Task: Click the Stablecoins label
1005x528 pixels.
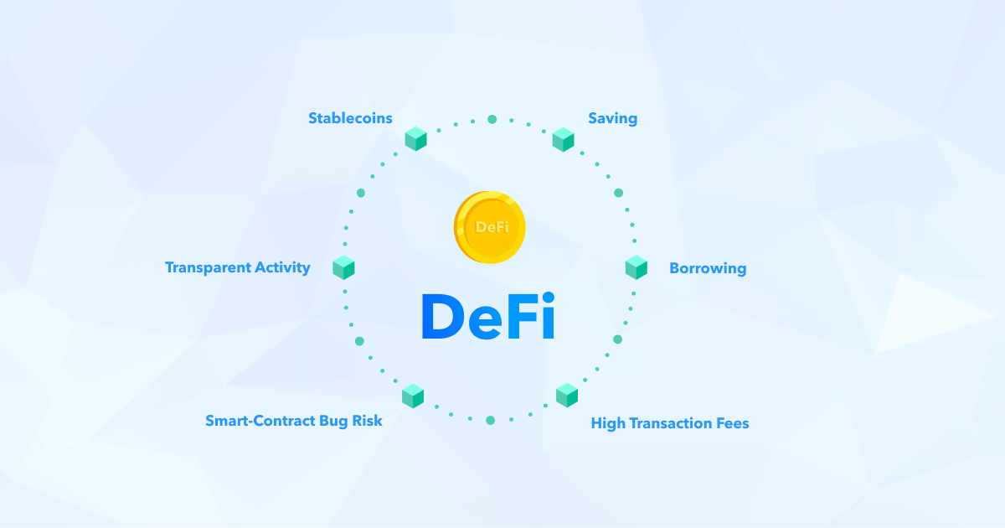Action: point(350,118)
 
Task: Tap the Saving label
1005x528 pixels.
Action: point(612,118)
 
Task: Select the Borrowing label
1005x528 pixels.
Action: point(708,268)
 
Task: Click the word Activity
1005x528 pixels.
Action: point(282,267)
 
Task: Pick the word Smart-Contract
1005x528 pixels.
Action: point(260,421)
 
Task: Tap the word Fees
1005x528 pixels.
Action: point(732,423)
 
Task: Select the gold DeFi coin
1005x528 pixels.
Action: point(489,227)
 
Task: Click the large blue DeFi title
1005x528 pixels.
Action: point(488,316)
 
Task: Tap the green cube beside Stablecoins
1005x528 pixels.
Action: point(415,139)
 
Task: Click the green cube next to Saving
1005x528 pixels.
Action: point(563,139)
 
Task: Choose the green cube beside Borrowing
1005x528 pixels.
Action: point(636,267)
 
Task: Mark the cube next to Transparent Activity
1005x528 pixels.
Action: point(343,267)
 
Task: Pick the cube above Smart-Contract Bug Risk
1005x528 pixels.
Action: point(413,396)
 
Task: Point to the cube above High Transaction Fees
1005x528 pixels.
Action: point(567,395)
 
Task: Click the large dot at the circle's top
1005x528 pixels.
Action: point(492,119)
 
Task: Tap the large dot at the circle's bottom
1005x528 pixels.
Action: point(491,420)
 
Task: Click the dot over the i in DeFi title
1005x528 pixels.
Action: point(549,298)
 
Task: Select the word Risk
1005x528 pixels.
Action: point(367,421)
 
